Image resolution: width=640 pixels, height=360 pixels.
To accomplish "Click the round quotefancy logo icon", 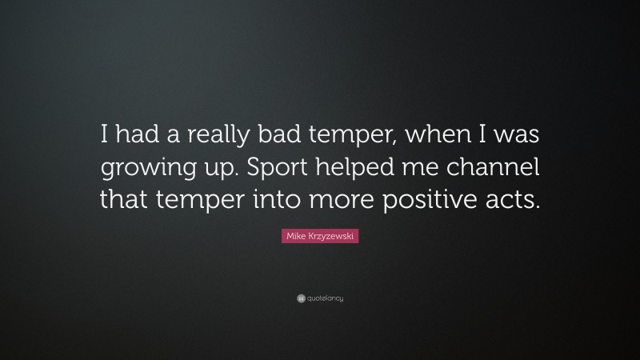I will pyautogui.click(x=301, y=298).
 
